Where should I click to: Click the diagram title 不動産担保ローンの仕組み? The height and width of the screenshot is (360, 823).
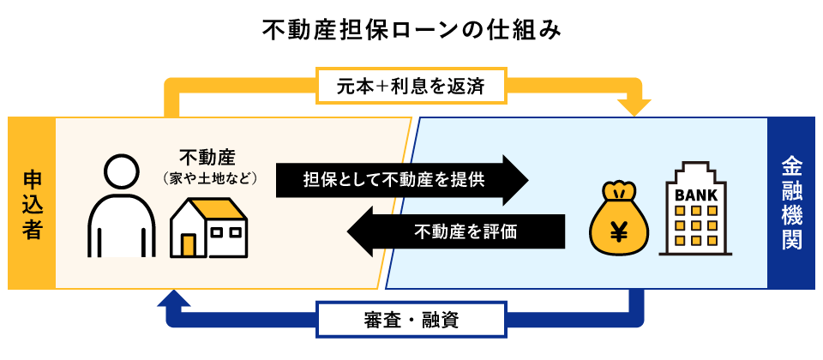click(412, 32)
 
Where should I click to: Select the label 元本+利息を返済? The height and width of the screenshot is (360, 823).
click(412, 86)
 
